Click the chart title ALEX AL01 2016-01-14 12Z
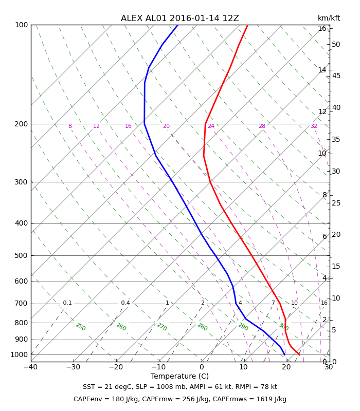coord(179,18)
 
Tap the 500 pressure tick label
coord(21,255)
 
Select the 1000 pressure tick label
coord(19,354)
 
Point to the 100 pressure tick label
coord(21,25)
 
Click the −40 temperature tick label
coord(30,367)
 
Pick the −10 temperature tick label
coord(158,367)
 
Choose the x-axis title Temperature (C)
coord(179,376)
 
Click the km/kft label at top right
coord(329,18)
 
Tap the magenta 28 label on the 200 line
coord(262,126)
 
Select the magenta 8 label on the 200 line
coord(70,126)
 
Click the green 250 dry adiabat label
coord(81,327)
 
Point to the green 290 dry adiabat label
coord(243,327)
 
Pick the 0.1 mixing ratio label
coord(67,303)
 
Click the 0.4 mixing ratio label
coord(125,303)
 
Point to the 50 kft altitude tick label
coord(336,44)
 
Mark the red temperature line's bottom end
coord(299,354)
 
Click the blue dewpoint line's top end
coord(177,25)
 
